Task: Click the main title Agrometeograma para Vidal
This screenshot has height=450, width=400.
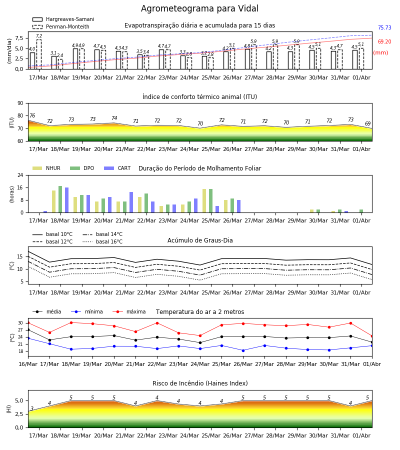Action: point(199,8)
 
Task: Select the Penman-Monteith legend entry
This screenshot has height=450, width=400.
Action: point(61,26)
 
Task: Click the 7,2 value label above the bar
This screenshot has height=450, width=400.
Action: point(39,36)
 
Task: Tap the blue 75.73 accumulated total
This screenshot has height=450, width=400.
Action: point(384,27)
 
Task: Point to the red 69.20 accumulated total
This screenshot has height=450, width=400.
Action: point(384,41)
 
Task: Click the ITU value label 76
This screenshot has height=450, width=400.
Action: point(32,115)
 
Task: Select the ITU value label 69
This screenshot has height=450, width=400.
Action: point(367,123)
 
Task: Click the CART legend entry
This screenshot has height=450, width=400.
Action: point(117,168)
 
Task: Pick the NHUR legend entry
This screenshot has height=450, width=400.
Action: point(46,168)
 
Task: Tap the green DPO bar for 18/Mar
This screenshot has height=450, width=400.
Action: point(60,199)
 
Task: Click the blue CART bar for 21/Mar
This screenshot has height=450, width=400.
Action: point(131,202)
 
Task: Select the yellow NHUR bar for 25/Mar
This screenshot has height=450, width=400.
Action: point(204,201)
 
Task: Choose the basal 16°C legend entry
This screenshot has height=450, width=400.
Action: point(102,241)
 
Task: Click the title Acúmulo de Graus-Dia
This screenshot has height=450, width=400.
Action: point(200,240)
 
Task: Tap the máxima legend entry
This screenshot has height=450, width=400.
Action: point(129,311)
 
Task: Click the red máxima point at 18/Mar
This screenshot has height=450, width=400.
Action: point(71,322)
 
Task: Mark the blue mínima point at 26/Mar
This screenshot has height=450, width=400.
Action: point(243,350)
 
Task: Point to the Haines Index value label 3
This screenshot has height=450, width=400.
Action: point(32,408)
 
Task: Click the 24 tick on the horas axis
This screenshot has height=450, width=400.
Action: point(20,175)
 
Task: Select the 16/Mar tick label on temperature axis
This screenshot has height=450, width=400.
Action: point(28,364)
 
